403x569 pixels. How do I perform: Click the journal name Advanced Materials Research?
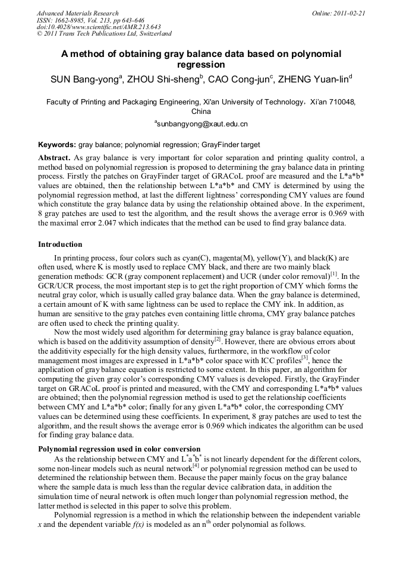78,13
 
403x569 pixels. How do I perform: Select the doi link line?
99,27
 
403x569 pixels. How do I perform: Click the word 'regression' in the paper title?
201,65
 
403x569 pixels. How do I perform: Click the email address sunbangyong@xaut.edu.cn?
201,124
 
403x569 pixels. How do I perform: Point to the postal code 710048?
342,102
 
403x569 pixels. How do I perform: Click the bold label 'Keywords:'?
57,145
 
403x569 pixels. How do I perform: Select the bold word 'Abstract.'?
55,158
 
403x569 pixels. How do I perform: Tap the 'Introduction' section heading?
60,244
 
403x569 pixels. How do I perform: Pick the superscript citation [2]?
218,340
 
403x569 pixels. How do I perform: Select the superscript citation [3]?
304,357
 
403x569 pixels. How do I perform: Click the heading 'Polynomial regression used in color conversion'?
119,449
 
